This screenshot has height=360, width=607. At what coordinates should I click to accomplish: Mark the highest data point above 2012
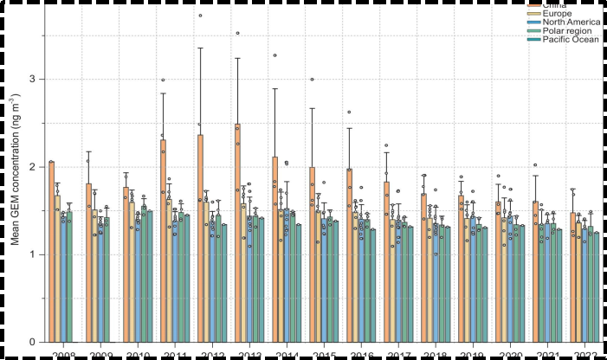click(200, 16)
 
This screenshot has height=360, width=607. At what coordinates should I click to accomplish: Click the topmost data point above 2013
click(236, 33)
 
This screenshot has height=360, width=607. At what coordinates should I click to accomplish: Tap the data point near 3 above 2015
click(312, 80)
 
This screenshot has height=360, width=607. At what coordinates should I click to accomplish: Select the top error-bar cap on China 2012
click(200, 48)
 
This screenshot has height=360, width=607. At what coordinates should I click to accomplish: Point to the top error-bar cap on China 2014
click(274, 88)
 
